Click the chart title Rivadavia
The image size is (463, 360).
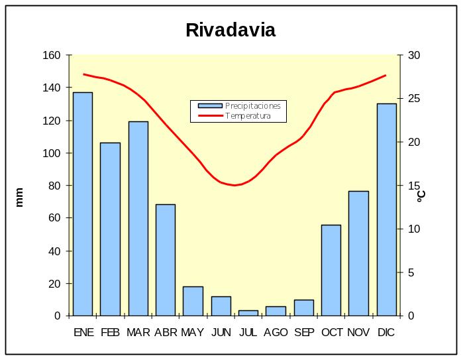click(x=231, y=30)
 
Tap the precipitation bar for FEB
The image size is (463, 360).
click(x=110, y=229)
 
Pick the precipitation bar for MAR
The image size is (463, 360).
click(x=138, y=218)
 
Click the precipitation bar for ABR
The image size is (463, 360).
click(x=166, y=260)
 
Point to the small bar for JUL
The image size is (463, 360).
click(x=248, y=313)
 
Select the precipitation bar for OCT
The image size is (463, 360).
click(x=331, y=270)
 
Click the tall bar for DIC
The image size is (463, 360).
click(x=386, y=210)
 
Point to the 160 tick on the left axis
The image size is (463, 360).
click(x=51, y=55)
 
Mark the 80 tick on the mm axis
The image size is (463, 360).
click(x=54, y=186)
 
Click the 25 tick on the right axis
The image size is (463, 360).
click(x=413, y=99)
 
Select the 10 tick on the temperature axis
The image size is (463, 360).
click(x=413, y=229)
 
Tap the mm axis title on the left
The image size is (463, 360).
click(x=19, y=197)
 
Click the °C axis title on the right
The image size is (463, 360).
click(x=421, y=196)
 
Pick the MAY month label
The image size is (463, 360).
click(x=193, y=333)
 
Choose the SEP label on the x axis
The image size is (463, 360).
click(x=303, y=333)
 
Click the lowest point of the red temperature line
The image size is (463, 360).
click(x=234, y=185)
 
